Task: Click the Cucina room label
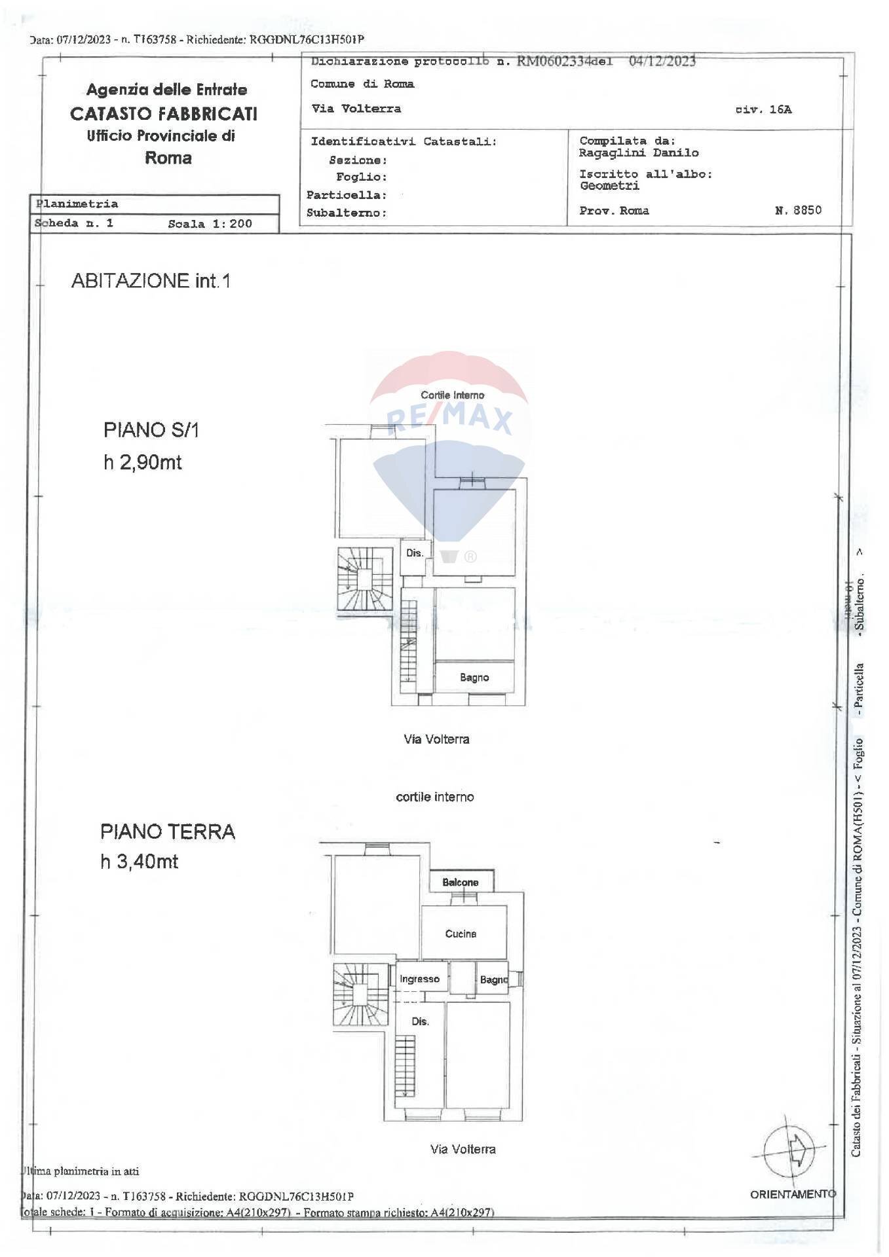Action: click(461, 934)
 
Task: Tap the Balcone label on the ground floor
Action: click(461, 882)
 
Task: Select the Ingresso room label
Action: click(419, 979)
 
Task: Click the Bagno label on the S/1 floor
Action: click(474, 678)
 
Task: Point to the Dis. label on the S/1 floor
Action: click(415, 553)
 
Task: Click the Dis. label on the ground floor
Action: click(420, 1021)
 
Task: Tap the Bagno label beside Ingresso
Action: click(494, 979)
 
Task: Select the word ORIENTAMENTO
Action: click(793, 1194)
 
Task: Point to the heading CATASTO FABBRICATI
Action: click(164, 114)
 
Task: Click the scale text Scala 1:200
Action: click(210, 224)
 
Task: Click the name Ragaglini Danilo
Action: click(639, 153)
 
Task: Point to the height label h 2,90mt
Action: click(143, 462)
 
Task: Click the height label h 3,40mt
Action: click(139, 862)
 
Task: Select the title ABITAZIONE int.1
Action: click(151, 281)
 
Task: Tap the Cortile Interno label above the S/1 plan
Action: click(453, 395)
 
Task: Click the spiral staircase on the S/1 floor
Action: click(364, 579)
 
